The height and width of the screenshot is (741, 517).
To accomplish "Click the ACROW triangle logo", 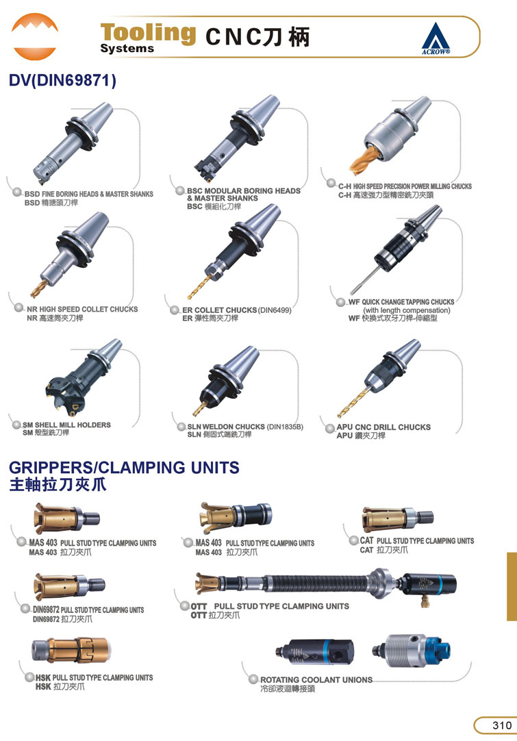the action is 436,38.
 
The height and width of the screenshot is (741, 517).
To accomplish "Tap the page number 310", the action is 501,725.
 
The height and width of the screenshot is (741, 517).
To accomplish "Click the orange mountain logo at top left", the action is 34,36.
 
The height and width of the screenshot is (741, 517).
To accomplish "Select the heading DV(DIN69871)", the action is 62,80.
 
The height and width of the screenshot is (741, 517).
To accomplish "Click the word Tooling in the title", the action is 148,33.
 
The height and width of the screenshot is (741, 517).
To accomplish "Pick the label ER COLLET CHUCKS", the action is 220,310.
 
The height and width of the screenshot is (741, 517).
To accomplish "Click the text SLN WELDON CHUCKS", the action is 226,427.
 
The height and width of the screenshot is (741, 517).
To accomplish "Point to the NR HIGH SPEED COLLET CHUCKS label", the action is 82,309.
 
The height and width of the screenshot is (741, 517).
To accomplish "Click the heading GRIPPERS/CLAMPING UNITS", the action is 125,467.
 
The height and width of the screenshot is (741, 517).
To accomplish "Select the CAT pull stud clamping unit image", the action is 398,519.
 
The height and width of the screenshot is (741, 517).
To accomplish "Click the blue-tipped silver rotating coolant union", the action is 411,651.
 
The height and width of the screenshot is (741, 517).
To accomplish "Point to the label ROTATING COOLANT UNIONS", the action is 316,679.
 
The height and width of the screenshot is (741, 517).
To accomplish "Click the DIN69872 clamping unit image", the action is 69,586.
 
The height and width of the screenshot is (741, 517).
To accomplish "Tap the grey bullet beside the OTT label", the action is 186,606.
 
